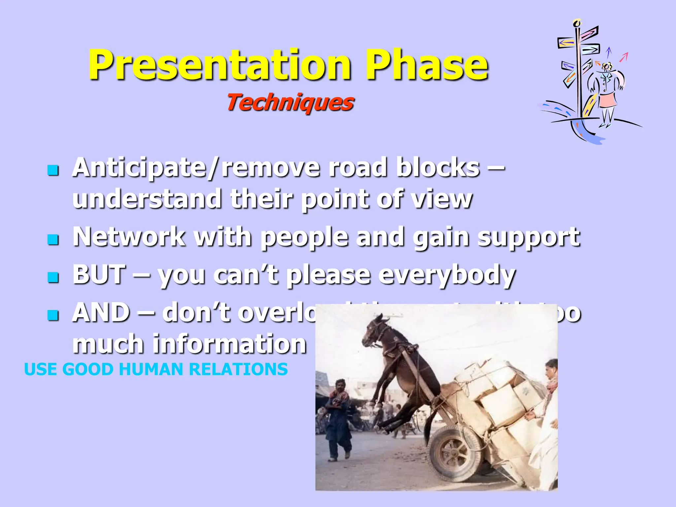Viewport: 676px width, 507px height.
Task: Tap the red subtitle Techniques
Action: click(290, 102)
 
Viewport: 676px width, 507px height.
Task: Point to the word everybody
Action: click(447, 275)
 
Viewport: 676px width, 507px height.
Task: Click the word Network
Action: click(129, 237)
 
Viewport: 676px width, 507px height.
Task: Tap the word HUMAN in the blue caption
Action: click(150, 369)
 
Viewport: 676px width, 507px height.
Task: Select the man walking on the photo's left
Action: click(337, 419)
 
